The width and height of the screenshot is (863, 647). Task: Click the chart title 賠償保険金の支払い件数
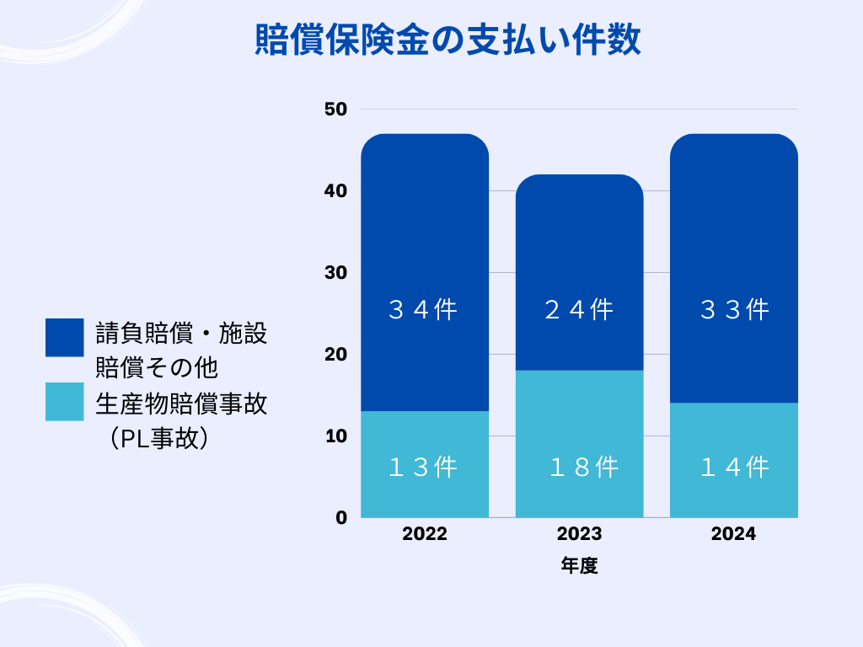coord(448,40)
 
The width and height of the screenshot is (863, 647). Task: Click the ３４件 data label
coord(423,310)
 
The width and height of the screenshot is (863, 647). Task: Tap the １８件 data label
coord(583,467)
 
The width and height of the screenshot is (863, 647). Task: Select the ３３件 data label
coord(735,310)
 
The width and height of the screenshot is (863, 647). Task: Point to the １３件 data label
coord(423,467)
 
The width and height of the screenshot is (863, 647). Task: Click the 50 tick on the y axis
coord(335,110)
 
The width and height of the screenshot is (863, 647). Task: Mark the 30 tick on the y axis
coord(335,273)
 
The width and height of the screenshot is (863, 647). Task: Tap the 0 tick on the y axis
coord(340,517)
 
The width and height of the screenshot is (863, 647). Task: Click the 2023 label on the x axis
coord(579,534)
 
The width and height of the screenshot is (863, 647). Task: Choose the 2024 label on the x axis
coord(733,534)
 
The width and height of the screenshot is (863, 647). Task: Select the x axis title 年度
coord(579,566)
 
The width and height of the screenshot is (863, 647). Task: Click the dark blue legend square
coord(65,337)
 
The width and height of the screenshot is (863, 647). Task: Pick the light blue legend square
coord(65,402)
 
